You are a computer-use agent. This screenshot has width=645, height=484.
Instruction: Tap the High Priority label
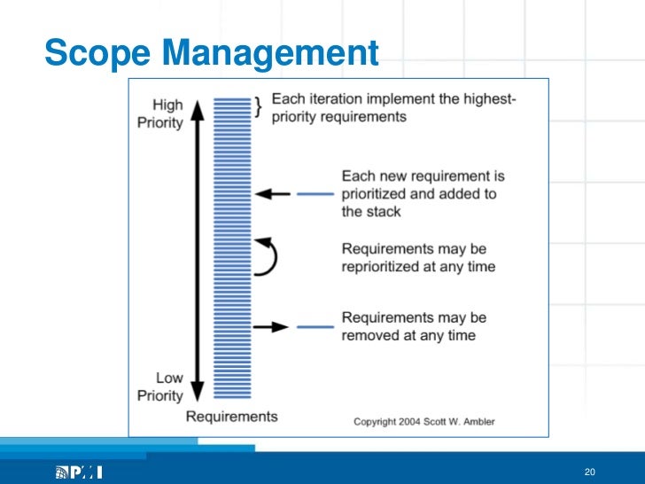click(x=160, y=114)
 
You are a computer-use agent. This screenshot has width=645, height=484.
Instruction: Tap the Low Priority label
click(x=160, y=386)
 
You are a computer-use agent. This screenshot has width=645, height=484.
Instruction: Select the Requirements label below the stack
click(x=231, y=417)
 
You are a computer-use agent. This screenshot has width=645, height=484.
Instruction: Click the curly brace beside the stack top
click(x=258, y=107)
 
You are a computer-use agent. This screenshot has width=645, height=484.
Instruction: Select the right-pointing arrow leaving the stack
click(x=271, y=326)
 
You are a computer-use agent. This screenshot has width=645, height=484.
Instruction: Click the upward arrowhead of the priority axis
click(x=198, y=107)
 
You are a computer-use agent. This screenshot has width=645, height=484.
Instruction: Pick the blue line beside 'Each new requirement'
click(x=315, y=193)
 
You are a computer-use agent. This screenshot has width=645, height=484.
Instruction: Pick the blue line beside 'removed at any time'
click(x=315, y=326)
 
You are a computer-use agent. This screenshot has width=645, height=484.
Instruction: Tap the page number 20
click(x=589, y=471)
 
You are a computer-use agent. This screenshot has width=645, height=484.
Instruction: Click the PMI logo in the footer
click(x=79, y=472)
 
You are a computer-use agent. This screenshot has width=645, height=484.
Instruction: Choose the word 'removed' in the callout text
click(x=369, y=335)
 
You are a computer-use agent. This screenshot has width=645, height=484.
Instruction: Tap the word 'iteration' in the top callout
click(x=335, y=100)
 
